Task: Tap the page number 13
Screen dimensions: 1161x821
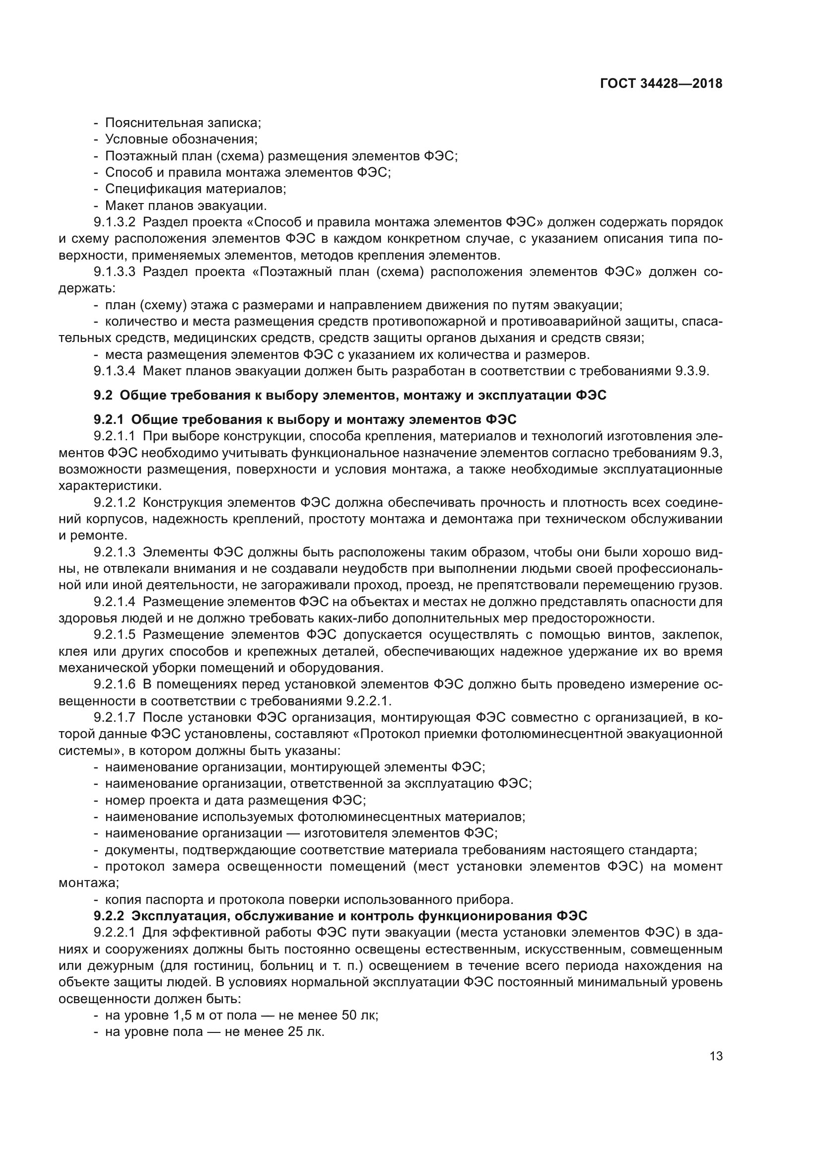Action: point(716,1056)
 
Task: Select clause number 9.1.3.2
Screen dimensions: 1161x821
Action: point(115,222)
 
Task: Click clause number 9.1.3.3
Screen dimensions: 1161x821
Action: point(115,272)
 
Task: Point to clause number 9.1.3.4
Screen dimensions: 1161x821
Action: point(115,371)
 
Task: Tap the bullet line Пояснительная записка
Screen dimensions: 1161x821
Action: point(183,123)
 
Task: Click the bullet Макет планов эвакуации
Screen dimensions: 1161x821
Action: point(186,205)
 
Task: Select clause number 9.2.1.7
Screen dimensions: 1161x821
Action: point(115,717)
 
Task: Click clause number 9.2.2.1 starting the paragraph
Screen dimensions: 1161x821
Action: point(115,932)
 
